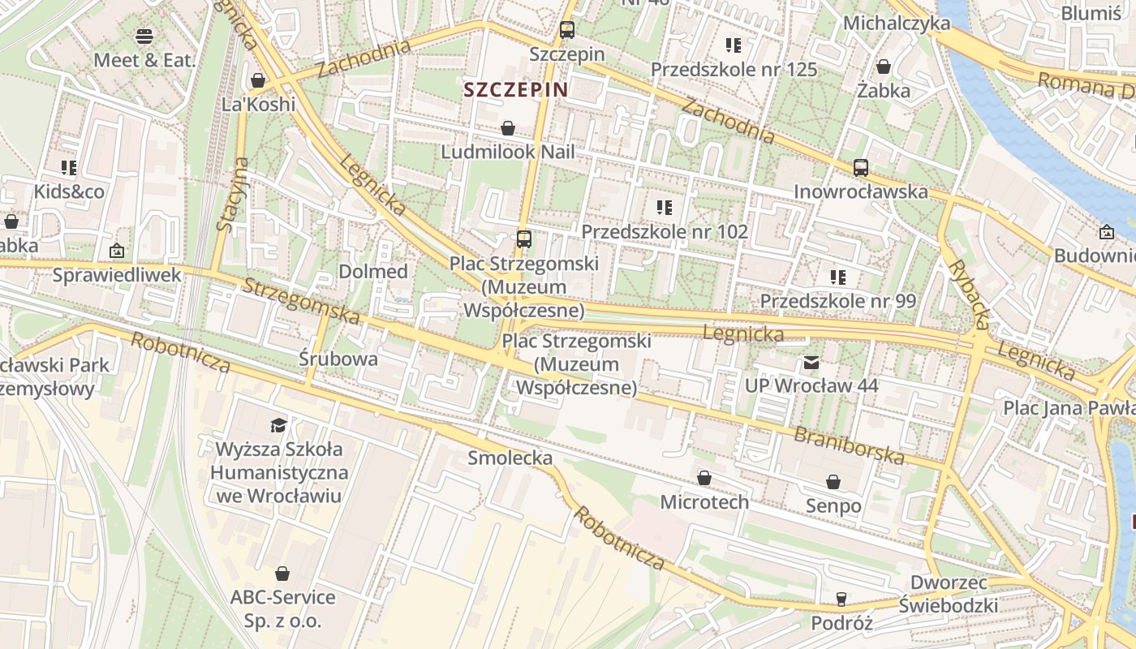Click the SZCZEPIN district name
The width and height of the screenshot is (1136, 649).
coord(515,89)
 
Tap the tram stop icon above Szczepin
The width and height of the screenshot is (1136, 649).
coord(567,30)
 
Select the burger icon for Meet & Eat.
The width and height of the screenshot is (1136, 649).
coord(144,37)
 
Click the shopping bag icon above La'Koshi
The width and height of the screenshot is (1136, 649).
coord(258,80)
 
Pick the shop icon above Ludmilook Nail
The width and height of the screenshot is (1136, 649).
coord(508,128)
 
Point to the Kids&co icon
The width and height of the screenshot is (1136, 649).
coord(69,168)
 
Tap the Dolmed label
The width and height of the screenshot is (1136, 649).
coord(373,272)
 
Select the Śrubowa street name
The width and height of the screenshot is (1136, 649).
coord(338,359)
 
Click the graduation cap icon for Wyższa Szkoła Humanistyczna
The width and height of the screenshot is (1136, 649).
coord(279,425)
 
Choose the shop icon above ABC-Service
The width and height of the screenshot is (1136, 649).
coord(282,574)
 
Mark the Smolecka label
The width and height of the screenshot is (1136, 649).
coord(510,458)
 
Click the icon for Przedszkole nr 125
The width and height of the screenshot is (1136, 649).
coord(734,45)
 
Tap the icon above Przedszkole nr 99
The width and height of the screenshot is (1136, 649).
coord(838,277)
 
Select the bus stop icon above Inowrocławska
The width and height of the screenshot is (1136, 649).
coord(861,168)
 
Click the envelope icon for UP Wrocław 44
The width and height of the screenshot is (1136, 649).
coord(811,362)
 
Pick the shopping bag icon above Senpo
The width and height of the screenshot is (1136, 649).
coord(833,482)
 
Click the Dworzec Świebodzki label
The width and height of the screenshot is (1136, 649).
coord(949,594)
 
